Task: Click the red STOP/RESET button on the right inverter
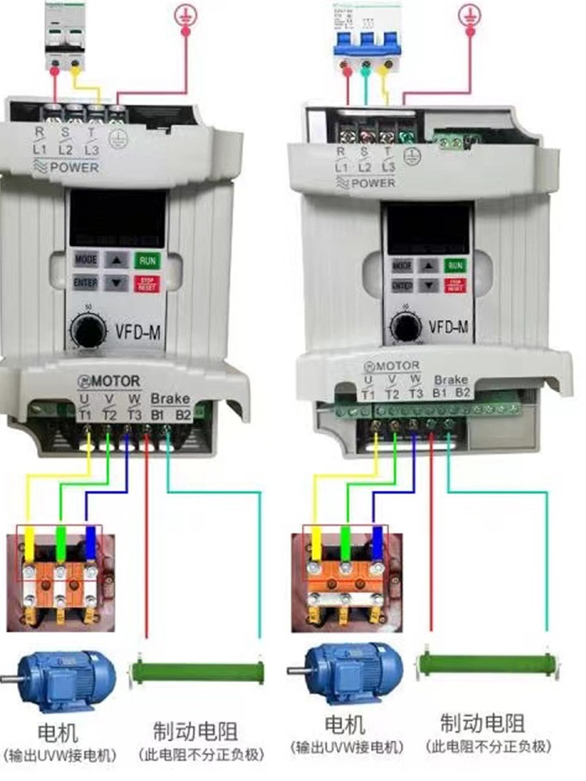click(x=455, y=286)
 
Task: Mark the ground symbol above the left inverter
click(x=185, y=14)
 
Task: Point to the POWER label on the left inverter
click(x=74, y=167)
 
